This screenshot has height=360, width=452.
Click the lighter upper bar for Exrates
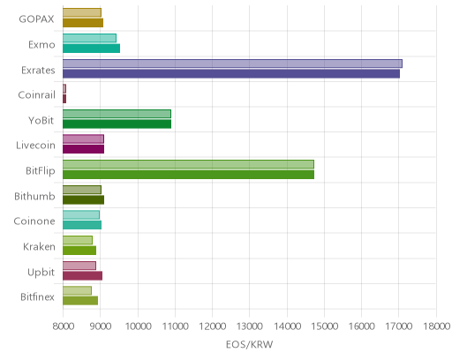coord(232,64)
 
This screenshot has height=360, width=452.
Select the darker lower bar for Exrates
coord(231,74)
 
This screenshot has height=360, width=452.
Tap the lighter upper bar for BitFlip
coord(188,164)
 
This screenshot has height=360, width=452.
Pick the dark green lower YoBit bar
coord(117,124)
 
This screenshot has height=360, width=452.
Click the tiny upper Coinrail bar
coord(64,88)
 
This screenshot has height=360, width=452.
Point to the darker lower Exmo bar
coord(91,49)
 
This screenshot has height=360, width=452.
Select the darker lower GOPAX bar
coord(83,23)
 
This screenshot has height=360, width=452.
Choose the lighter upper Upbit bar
coord(79,266)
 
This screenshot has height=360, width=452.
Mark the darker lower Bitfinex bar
coord(80,301)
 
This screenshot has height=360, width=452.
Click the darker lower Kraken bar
coord(79,251)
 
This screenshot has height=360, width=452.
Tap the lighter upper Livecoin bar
coord(83,139)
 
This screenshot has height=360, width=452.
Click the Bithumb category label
coord(34,196)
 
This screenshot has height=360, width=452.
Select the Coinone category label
coord(34,221)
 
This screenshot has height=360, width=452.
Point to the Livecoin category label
coord(35,146)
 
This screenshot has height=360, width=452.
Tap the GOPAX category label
coord(36,19)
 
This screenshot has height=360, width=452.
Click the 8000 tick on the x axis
coord(63,326)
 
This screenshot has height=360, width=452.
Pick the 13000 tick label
coord(250,326)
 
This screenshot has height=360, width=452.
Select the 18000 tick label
coord(437,326)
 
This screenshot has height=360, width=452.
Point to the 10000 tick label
coord(138,326)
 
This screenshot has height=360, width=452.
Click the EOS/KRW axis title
coord(250,344)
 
